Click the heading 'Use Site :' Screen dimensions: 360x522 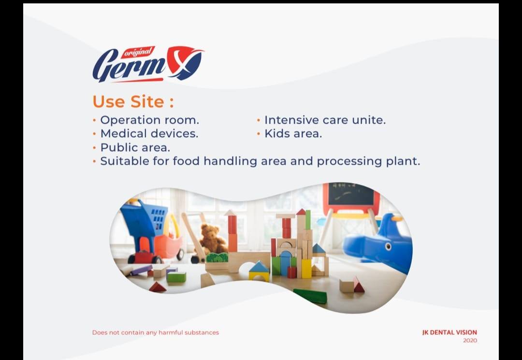pyautogui.click(x=133, y=102)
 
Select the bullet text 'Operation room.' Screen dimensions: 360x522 pyautogui.click(x=149, y=120)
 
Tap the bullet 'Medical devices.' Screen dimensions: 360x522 pyautogui.click(x=149, y=133)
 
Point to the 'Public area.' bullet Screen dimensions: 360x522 pyautogui.click(x=135, y=147)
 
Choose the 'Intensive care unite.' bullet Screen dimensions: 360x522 pyautogui.click(x=325, y=120)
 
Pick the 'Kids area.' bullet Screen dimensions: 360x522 pyautogui.click(x=293, y=133)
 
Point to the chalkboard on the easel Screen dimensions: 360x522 pyautogui.click(x=351, y=195)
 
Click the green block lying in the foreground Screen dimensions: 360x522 pyautogui.click(x=310, y=296)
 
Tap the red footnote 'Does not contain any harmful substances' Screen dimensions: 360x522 pyautogui.click(x=155, y=332)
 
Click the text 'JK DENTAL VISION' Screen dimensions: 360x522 pyautogui.click(x=449, y=332)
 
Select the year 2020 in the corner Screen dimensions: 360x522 pyautogui.click(x=470, y=341)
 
